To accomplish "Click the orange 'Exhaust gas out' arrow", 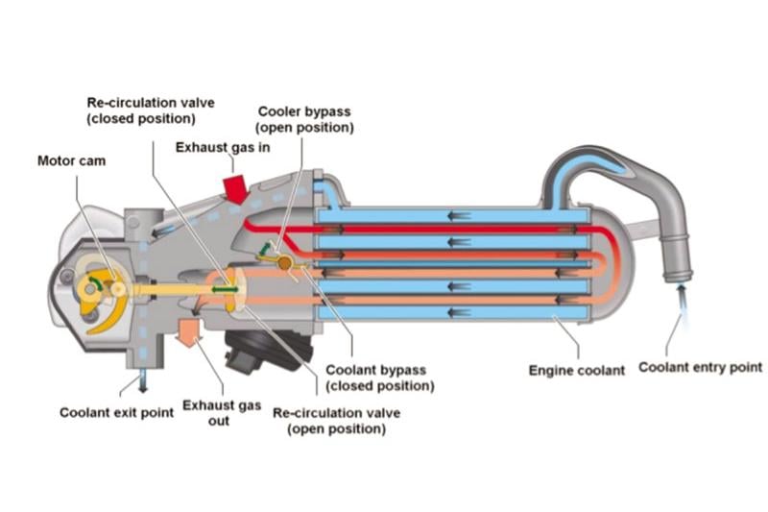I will [187, 330].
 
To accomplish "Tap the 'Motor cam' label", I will [72, 160].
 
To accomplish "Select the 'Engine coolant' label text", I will [577, 369].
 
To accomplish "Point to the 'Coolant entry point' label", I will [700, 367].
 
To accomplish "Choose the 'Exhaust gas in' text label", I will [222, 147].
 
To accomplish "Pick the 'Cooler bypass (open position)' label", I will [304, 119].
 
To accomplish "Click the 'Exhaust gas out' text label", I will [222, 413].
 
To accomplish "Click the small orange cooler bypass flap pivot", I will [285, 261].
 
